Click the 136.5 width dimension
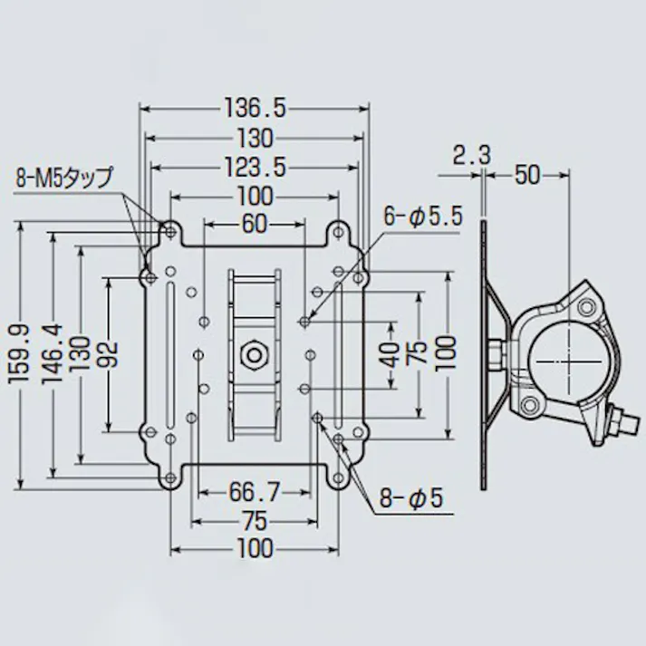pos(254,109)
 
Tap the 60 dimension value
pos(255,223)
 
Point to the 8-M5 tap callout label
pos(64,177)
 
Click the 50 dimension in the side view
pos(526,175)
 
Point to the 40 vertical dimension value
pos(390,353)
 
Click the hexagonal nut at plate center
pos(254,352)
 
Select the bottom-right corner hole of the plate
pos(338,475)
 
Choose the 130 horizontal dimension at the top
pos(255,138)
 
